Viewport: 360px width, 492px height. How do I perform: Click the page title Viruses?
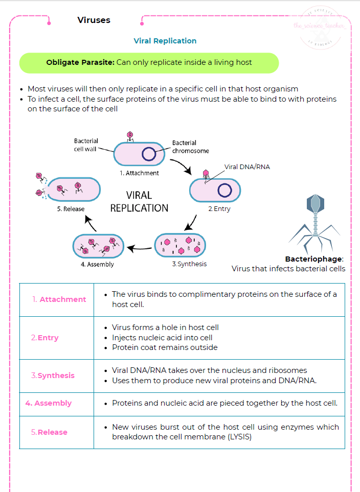tap(94, 20)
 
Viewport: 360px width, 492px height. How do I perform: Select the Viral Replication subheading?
tap(165, 41)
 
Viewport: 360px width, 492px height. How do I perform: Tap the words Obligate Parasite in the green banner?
tap(80, 63)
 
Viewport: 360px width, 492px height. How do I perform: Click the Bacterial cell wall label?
tap(86, 145)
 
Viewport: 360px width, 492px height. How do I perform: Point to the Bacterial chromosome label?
tap(190, 147)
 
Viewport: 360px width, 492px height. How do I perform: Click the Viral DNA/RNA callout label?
tap(247, 167)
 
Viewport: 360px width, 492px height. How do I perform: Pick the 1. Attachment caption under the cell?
tap(139, 173)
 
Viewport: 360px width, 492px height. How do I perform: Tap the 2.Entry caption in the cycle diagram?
tap(219, 209)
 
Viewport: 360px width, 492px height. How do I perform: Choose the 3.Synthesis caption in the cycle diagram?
tap(189, 264)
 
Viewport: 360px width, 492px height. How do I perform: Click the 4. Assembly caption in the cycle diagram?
tap(97, 265)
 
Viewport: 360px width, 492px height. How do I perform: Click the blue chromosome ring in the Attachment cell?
tap(149, 154)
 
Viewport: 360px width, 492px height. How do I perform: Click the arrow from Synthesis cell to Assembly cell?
tap(139, 248)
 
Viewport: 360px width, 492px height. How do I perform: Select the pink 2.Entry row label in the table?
tap(44, 338)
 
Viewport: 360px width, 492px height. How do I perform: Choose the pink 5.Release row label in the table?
tap(49, 432)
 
